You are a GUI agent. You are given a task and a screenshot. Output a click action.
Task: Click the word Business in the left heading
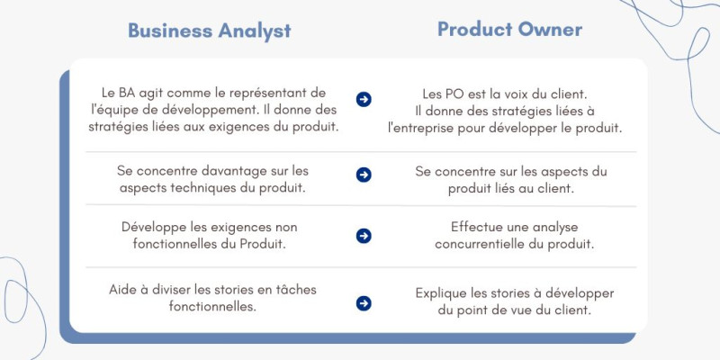[170, 31]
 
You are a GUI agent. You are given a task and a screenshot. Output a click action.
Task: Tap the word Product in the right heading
[475, 30]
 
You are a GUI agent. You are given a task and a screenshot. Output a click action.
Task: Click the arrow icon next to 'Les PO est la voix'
[364, 99]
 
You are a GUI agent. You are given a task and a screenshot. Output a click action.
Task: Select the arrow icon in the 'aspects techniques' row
[364, 175]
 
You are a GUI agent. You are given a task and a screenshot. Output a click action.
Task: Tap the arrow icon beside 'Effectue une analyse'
[364, 236]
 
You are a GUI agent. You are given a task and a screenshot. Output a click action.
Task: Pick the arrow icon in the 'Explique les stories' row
[364, 303]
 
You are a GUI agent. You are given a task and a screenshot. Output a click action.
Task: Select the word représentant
[267, 94]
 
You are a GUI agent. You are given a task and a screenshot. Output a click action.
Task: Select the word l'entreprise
[420, 129]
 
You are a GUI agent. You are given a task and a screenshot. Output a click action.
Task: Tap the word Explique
[442, 294]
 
